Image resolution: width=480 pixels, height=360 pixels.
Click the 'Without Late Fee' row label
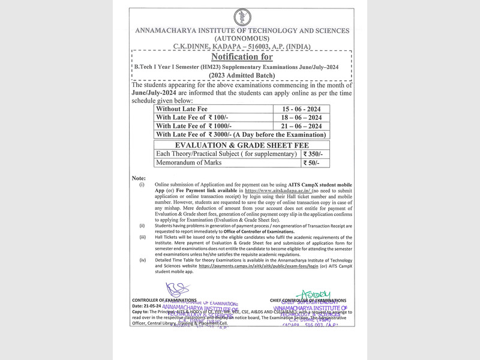(181, 109)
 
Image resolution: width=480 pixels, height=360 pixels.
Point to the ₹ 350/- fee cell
(312, 154)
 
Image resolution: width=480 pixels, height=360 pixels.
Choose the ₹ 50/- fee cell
(310, 163)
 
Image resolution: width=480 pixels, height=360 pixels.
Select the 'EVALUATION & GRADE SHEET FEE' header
(241, 145)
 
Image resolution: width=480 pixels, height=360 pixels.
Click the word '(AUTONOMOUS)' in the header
(241, 38)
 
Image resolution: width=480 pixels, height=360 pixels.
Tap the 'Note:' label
(139, 178)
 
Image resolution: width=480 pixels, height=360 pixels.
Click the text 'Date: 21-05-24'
(147, 306)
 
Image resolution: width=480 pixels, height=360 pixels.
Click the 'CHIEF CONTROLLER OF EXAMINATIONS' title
(308, 300)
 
